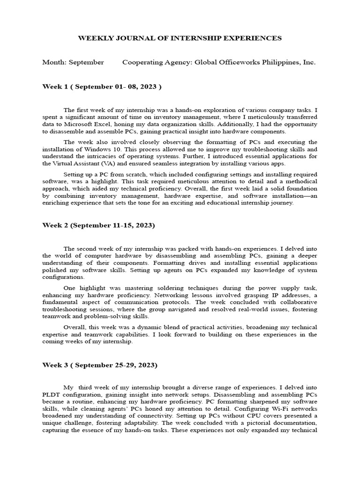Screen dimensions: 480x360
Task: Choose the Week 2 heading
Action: click(x=98, y=225)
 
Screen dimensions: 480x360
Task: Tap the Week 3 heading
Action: click(x=100, y=364)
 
